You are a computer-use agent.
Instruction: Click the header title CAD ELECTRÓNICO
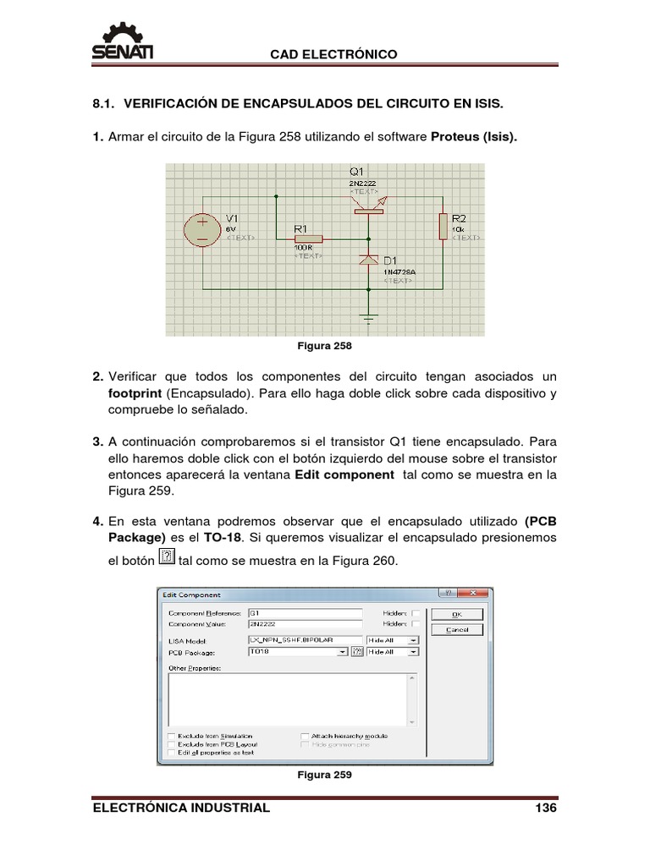click(333, 54)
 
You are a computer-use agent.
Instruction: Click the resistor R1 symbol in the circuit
click(308, 240)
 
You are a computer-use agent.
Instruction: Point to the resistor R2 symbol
click(443, 227)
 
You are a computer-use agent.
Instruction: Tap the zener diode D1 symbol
click(368, 261)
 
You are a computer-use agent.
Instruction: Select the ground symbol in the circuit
click(368, 318)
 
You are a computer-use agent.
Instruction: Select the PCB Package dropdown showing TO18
click(297, 652)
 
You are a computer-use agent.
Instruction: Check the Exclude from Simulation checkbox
click(172, 736)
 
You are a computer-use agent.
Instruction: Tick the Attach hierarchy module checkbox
click(305, 736)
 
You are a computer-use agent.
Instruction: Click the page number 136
click(546, 808)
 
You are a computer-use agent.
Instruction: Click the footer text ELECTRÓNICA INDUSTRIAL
click(180, 808)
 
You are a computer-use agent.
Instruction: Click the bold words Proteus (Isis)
click(474, 136)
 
